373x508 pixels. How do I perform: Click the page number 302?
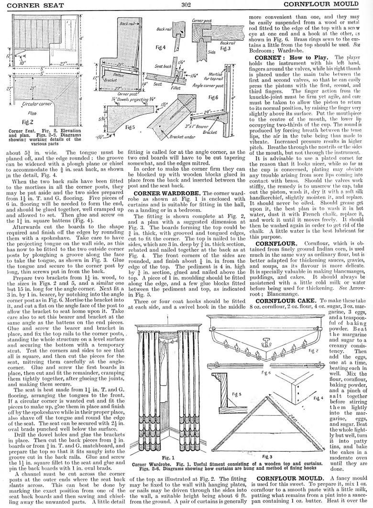coord(186,4)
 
